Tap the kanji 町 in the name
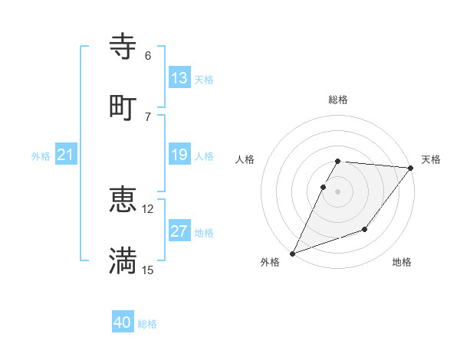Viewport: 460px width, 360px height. tap(123, 106)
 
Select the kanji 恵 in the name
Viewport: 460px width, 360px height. tap(123, 200)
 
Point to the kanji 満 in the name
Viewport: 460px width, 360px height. tap(123, 260)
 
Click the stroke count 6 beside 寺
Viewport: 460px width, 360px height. tap(148, 56)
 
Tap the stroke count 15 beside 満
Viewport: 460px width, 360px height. tap(148, 270)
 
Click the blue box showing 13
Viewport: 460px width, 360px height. tap(179, 78)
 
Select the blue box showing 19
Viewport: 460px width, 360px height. tap(179, 155)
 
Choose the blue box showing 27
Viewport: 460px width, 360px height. tap(179, 231)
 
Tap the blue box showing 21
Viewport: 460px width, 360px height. tap(66, 155)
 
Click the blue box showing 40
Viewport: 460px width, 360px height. tap(123, 322)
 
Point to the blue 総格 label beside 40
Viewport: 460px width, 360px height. tap(147, 324)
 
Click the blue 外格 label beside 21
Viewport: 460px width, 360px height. tap(41, 156)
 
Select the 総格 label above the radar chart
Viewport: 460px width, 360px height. tap(338, 100)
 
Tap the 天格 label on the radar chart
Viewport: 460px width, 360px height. tap(432, 159)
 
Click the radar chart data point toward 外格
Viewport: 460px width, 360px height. tap(292, 254)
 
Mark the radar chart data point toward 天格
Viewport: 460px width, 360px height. tap(411, 168)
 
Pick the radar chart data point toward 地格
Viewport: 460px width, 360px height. tap(365, 229)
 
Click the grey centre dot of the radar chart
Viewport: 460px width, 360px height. tap(338, 191)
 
